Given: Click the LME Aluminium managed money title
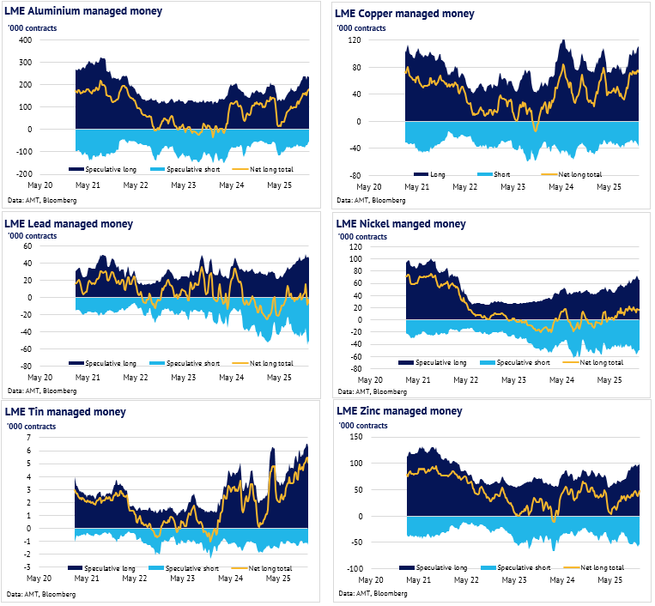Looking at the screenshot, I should (82, 12).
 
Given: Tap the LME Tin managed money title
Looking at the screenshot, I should (64, 413).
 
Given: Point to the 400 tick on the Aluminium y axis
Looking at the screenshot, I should (24, 40).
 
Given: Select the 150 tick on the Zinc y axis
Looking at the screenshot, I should (355, 437).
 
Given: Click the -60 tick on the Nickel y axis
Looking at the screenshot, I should (355, 356).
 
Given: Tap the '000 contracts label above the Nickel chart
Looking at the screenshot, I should (362, 237).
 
